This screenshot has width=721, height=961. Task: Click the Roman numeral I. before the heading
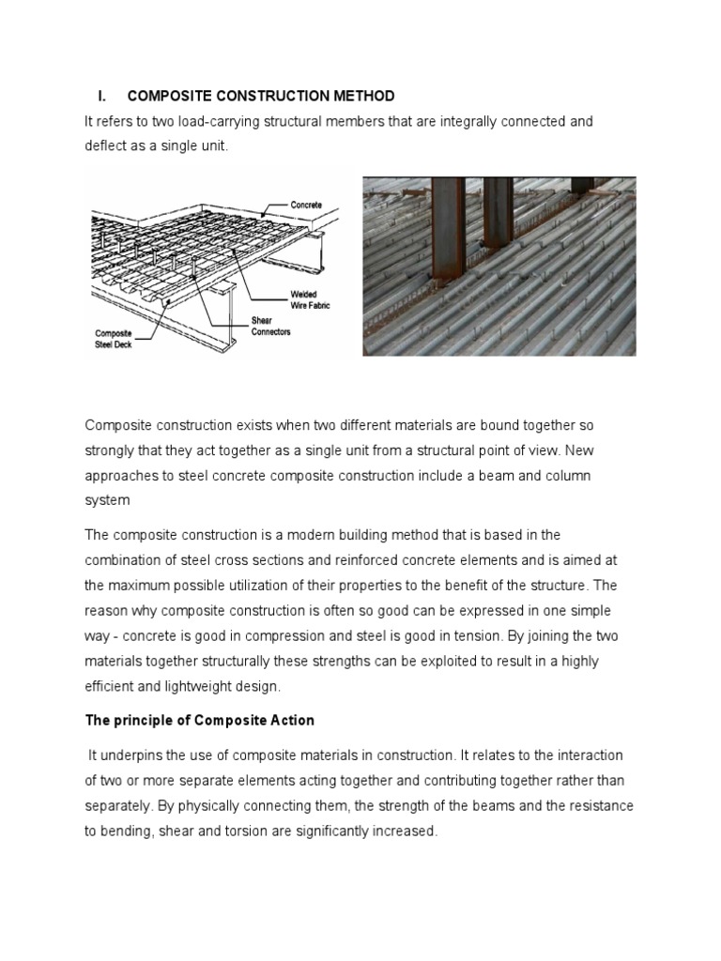[102, 97]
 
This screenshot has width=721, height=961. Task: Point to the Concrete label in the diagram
[306, 204]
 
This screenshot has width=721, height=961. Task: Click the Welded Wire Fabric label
[310, 299]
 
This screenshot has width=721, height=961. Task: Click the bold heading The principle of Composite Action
[200, 721]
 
